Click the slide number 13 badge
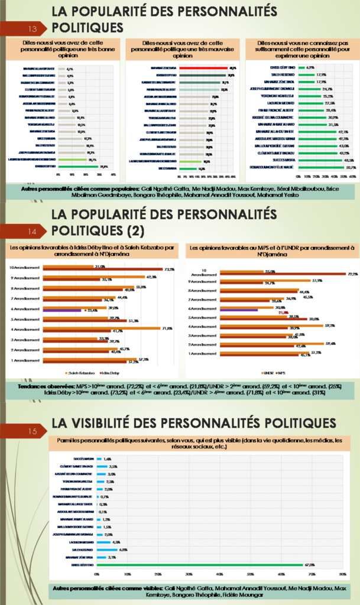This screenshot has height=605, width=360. click(x=34, y=28)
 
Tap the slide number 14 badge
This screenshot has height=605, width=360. click(x=34, y=230)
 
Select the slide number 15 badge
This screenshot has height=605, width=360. click(x=34, y=431)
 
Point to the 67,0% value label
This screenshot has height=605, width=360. click(x=309, y=565)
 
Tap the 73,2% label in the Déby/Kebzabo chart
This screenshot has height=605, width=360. click(x=169, y=269)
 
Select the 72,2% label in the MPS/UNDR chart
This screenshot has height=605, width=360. click(x=353, y=274)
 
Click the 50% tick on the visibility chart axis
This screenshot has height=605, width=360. click(x=251, y=574)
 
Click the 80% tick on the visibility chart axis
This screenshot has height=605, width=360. click(x=343, y=574)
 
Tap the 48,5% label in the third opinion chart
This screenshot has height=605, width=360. click(x=348, y=160)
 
